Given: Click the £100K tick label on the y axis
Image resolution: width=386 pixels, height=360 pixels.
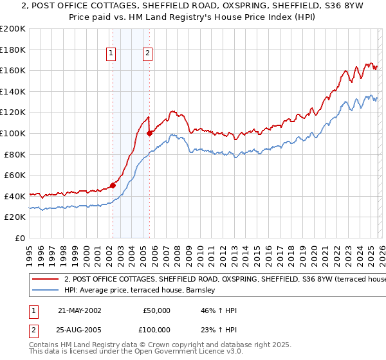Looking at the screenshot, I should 13,133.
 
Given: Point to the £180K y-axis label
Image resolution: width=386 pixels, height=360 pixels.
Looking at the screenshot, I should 13,50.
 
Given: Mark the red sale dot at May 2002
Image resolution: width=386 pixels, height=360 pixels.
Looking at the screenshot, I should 113,185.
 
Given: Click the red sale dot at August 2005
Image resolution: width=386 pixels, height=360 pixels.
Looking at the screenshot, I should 149,133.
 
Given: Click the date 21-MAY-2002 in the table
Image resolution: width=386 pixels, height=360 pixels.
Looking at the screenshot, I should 79,310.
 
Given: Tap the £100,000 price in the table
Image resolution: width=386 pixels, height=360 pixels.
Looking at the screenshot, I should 156,330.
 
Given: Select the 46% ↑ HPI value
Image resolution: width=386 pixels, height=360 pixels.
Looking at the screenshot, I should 219,310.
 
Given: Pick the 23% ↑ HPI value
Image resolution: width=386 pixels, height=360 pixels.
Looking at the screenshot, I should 219,330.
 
